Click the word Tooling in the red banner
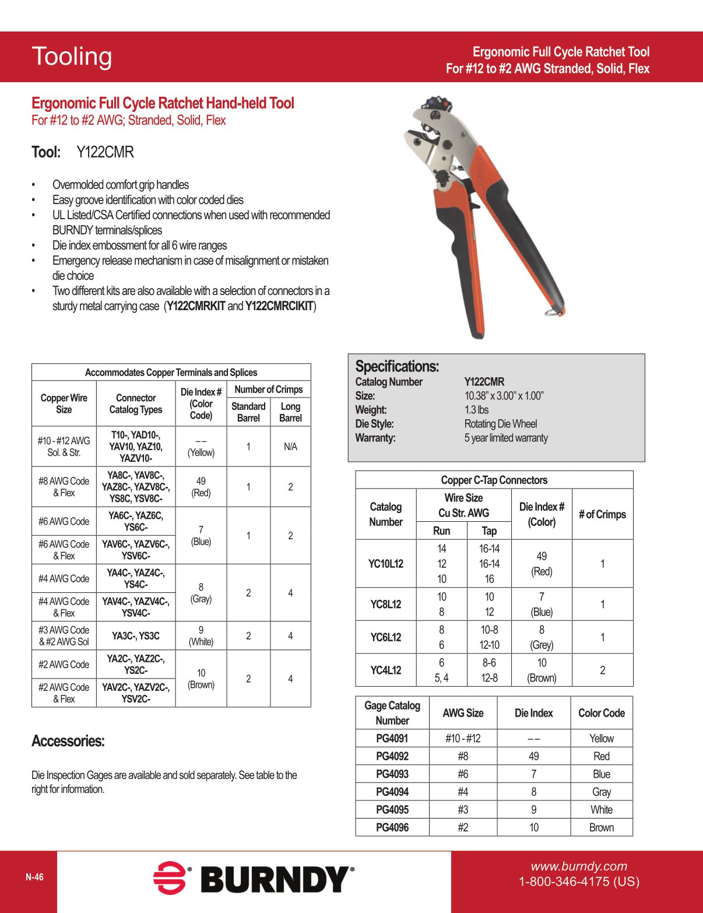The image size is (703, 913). point(72,57)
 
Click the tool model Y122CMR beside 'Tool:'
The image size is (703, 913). point(105,153)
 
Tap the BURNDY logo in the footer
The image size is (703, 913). point(254,879)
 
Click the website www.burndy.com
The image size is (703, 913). point(578,866)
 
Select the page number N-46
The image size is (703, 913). point(34,877)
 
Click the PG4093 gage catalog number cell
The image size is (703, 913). point(392,774)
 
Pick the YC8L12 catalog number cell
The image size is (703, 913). point(385,604)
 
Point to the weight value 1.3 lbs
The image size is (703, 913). point(476,410)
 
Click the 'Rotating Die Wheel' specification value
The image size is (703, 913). point(500,424)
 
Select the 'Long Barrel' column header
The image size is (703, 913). point(290,412)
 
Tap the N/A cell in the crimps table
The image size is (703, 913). point(290,447)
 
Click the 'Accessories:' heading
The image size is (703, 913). point(68,741)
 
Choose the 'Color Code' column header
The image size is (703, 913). point(601,713)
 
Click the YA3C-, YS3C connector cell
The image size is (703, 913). point(136,635)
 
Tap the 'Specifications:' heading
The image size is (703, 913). point(397,366)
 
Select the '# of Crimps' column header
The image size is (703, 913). point(602,514)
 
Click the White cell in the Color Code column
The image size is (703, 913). point(601,810)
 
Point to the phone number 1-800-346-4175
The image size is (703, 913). point(579,882)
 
